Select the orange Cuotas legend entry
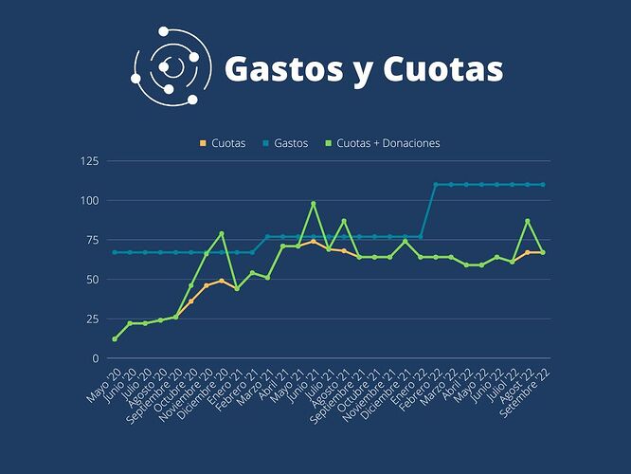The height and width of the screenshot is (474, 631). (x=223, y=143)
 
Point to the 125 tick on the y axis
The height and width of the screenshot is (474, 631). (x=90, y=161)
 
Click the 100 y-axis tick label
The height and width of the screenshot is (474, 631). (x=90, y=200)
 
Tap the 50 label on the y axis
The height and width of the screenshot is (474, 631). (x=93, y=280)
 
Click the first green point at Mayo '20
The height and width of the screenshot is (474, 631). (x=115, y=339)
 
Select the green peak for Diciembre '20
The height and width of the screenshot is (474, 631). (x=222, y=234)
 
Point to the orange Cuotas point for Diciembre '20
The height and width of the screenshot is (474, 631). (x=222, y=281)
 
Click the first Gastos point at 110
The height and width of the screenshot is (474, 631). (x=436, y=185)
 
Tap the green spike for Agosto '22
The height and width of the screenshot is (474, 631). (x=528, y=221)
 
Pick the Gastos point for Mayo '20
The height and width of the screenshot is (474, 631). (x=115, y=252)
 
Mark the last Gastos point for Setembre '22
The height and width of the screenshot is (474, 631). (x=543, y=185)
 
